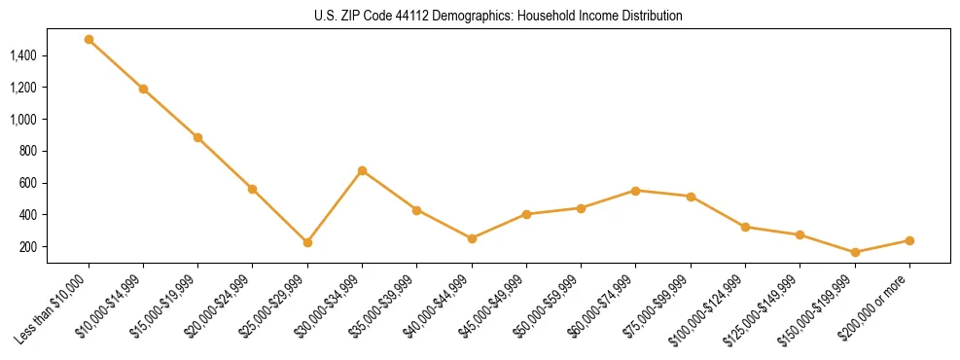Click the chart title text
tap(499, 17)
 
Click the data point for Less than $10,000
tap(89, 40)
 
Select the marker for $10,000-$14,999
tap(143, 89)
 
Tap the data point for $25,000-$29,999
tap(307, 242)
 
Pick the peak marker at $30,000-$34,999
tap(362, 170)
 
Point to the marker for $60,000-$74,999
tap(635, 191)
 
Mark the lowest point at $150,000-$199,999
tap(855, 252)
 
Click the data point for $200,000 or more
tap(909, 240)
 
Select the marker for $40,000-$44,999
tap(472, 238)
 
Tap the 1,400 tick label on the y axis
tap(23, 56)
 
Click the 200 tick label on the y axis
tap(28, 247)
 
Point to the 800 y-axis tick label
tap(28, 152)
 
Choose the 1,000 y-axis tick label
tap(23, 120)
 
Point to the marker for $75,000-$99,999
tap(691, 197)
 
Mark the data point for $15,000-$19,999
tap(197, 137)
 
